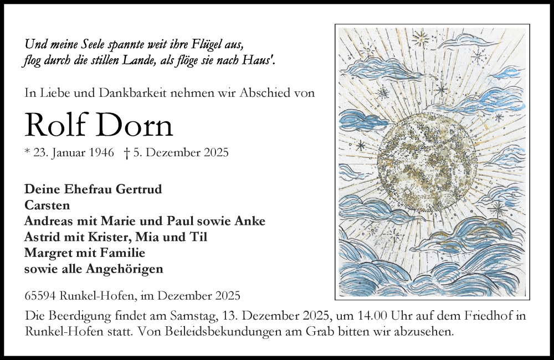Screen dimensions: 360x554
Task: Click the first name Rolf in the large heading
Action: [x=57, y=126]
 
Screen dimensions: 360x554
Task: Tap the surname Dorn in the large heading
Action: [x=135, y=126]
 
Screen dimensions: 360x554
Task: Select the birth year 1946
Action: [x=100, y=153]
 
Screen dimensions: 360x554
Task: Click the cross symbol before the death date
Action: [x=127, y=153]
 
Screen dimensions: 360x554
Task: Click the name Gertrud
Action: [x=139, y=189]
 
